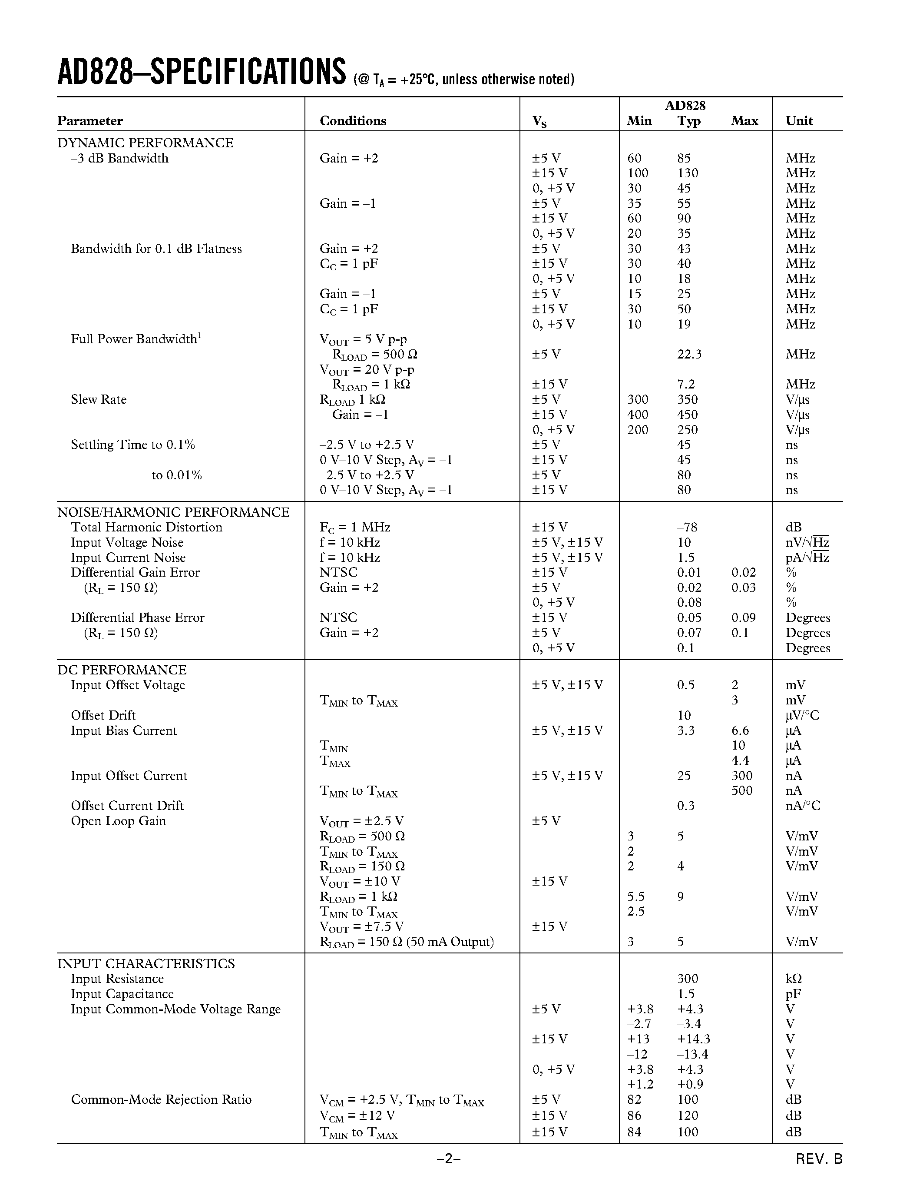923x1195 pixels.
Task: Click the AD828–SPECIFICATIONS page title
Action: click(x=201, y=72)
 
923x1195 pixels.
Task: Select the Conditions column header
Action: click(x=353, y=121)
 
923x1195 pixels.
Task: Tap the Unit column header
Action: click(x=799, y=121)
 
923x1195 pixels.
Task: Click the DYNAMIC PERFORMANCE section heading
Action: click(x=146, y=143)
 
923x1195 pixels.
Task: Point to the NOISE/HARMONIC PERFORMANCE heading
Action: click(x=173, y=512)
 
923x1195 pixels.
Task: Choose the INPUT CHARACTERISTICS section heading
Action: click(x=146, y=963)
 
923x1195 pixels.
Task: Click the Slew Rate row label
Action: click(x=99, y=399)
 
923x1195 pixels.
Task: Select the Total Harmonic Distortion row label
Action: click(x=146, y=528)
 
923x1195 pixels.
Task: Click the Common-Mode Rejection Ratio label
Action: click(x=161, y=1100)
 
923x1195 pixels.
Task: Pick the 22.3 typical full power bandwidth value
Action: click(x=689, y=355)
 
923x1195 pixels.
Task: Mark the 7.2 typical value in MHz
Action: click(x=686, y=385)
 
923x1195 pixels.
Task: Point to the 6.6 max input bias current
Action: click(x=741, y=730)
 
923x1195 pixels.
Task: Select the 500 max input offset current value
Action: click(x=742, y=790)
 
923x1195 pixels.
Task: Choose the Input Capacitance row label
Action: click(x=122, y=994)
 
